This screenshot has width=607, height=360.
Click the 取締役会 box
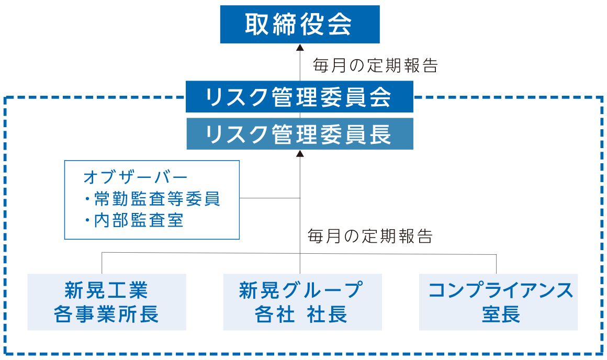[300, 24]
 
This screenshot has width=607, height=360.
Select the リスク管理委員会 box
[299, 96]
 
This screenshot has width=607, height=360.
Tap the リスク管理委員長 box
[300, 133]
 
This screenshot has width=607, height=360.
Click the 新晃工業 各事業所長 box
[106, 302]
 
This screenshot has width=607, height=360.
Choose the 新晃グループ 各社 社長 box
[302, 302]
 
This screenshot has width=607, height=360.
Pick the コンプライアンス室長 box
[498, 302]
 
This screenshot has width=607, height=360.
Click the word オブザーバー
[136, 177]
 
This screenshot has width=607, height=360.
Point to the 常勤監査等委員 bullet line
[152, 199]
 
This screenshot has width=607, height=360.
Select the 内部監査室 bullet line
[133, 221]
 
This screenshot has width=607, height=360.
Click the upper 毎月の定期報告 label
[375, 65]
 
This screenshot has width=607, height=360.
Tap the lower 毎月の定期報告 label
[370, 236]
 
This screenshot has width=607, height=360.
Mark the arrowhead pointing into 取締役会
[300, 47]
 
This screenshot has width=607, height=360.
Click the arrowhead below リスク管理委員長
[300, 153]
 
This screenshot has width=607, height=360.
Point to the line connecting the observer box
[270, 198]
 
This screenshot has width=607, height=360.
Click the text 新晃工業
[106, 290]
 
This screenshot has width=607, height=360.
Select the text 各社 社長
[301, 314]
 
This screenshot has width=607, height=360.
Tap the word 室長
[501, 314]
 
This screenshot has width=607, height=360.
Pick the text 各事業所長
[106, 314]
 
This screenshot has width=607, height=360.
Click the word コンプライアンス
[500, 290]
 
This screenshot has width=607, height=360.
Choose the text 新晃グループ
[301, 290]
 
